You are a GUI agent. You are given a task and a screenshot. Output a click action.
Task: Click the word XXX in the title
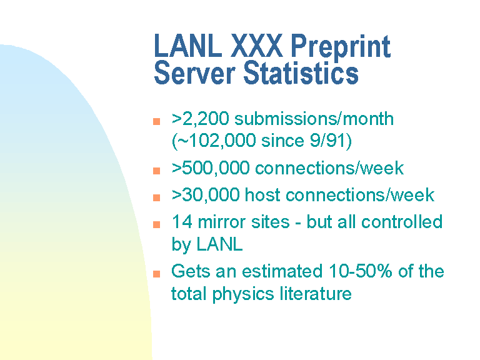pos(256,45)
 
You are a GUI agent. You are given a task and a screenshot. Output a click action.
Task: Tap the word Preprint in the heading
pos(341,46)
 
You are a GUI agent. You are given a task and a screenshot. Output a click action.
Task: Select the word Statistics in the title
pos(301,73)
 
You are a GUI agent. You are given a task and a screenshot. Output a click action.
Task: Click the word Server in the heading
pos(195,73)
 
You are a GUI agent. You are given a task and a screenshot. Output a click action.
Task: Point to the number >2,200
pos(200,119)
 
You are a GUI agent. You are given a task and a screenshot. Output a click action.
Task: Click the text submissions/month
pos(314,119)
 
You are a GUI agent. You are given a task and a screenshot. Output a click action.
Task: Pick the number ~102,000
pos(216,141)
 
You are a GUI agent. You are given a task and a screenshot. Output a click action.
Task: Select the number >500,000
pos(211,168)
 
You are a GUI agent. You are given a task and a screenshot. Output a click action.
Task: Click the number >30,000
pos(206,195)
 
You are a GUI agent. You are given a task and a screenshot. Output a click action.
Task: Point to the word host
pos(262,195)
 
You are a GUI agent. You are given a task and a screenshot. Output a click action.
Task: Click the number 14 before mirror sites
pos(182,222)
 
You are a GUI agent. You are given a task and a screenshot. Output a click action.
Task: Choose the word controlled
pos(402,222)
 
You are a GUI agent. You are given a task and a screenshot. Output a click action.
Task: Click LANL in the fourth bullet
pos(220,244)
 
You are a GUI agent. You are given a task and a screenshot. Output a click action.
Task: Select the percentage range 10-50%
pos(360,271)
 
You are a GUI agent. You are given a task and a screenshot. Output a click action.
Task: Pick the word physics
pos(243,294)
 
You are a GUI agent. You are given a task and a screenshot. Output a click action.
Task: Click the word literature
pos(316,294)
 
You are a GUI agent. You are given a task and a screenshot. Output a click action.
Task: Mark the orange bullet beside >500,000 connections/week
pos(156,171)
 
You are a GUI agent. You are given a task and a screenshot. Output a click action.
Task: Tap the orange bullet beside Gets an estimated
pos(156,273)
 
